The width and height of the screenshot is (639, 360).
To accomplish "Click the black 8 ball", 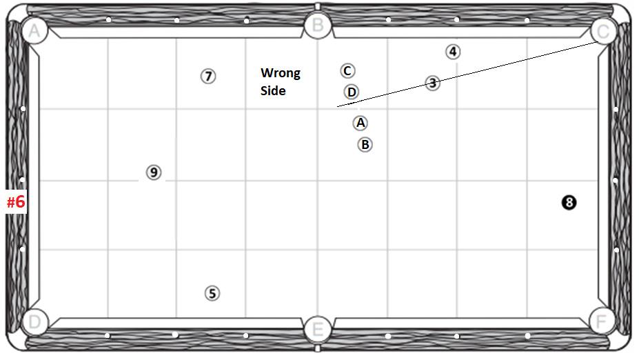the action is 568,202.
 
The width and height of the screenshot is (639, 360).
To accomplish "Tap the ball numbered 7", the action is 208,76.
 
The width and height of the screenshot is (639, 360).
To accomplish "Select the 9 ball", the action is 154,172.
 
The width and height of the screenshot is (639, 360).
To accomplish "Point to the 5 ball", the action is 212,293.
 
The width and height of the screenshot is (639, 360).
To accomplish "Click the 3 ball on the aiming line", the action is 432,83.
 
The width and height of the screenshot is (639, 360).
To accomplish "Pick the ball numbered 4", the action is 452,51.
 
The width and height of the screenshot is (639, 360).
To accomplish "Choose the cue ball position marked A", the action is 360,123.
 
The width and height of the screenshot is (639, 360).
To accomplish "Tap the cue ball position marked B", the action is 365,144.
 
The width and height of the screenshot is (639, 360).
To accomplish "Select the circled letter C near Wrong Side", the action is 347,70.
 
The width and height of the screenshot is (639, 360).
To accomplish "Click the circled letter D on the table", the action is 352,92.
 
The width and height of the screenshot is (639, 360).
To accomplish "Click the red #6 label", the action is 16,201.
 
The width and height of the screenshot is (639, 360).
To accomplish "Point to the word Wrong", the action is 280,73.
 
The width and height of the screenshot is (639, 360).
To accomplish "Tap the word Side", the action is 273,90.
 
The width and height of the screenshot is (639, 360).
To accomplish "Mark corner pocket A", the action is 34,30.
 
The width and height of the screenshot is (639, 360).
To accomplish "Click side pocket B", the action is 318,26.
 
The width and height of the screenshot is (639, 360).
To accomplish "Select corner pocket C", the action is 603,30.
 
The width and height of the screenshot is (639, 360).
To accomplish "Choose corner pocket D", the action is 34,321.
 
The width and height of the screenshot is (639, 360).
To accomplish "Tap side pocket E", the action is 317,328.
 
